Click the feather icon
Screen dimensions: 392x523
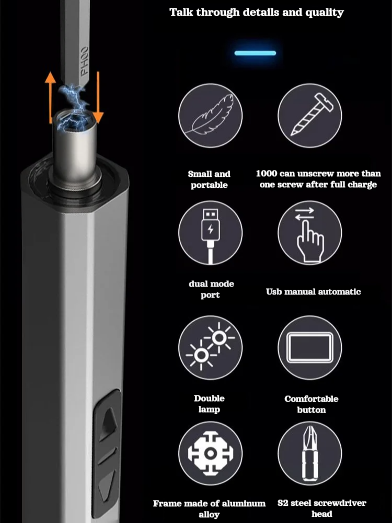210,115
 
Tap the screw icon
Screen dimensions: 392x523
310,115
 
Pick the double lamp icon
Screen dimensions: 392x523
210,347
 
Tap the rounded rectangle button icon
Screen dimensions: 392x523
310,348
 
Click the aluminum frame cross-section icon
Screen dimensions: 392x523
210,453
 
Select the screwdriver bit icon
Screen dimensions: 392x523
310,453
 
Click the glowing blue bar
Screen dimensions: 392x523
256,53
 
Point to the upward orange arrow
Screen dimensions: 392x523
50,97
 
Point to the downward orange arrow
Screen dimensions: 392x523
98,97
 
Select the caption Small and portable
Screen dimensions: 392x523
209,179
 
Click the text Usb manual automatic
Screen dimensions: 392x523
313,291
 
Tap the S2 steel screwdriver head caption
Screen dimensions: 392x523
321,508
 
